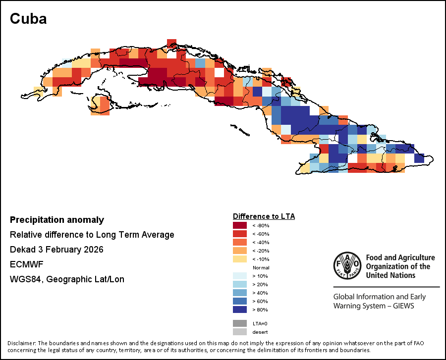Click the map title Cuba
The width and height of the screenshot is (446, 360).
28,19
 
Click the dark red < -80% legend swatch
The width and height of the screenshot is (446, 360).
240,225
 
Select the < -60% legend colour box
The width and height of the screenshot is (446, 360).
240,234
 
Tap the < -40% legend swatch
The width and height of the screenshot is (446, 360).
240,242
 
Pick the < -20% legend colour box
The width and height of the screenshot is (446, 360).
240,251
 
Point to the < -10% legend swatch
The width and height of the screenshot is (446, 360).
240,259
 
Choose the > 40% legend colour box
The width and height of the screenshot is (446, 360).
240,293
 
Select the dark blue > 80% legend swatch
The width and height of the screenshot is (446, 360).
240,309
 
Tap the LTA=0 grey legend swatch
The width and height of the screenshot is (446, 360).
240,323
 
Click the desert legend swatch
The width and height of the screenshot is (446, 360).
240,332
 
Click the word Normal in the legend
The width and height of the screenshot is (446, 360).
261,267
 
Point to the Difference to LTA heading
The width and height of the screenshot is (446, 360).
264,216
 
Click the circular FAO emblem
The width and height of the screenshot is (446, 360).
347,265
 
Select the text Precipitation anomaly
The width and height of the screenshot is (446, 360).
57,220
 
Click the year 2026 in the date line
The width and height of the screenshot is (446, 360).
92,250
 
